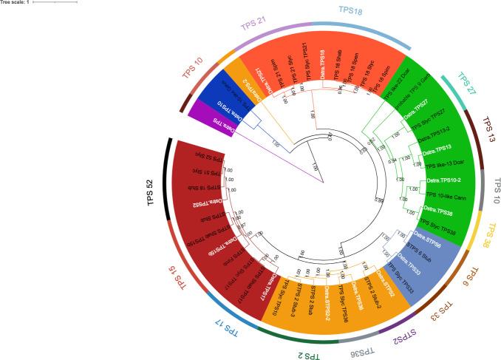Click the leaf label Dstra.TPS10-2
[443, 181]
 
